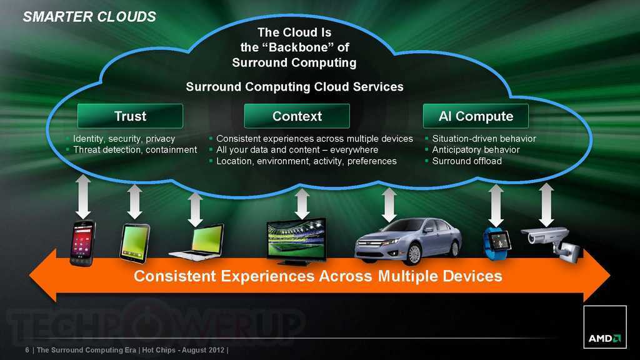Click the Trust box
130,116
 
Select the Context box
297,116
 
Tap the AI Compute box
476,116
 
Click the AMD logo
605,327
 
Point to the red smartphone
82,243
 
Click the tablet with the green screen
134,243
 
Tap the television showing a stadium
296,241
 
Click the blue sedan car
407,241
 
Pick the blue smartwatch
497,243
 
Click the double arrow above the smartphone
83,197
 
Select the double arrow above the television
302,204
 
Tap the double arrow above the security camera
546,204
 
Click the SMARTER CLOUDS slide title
89,17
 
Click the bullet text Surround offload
467,161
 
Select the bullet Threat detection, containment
135,150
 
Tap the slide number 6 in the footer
27,350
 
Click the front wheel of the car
413,254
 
